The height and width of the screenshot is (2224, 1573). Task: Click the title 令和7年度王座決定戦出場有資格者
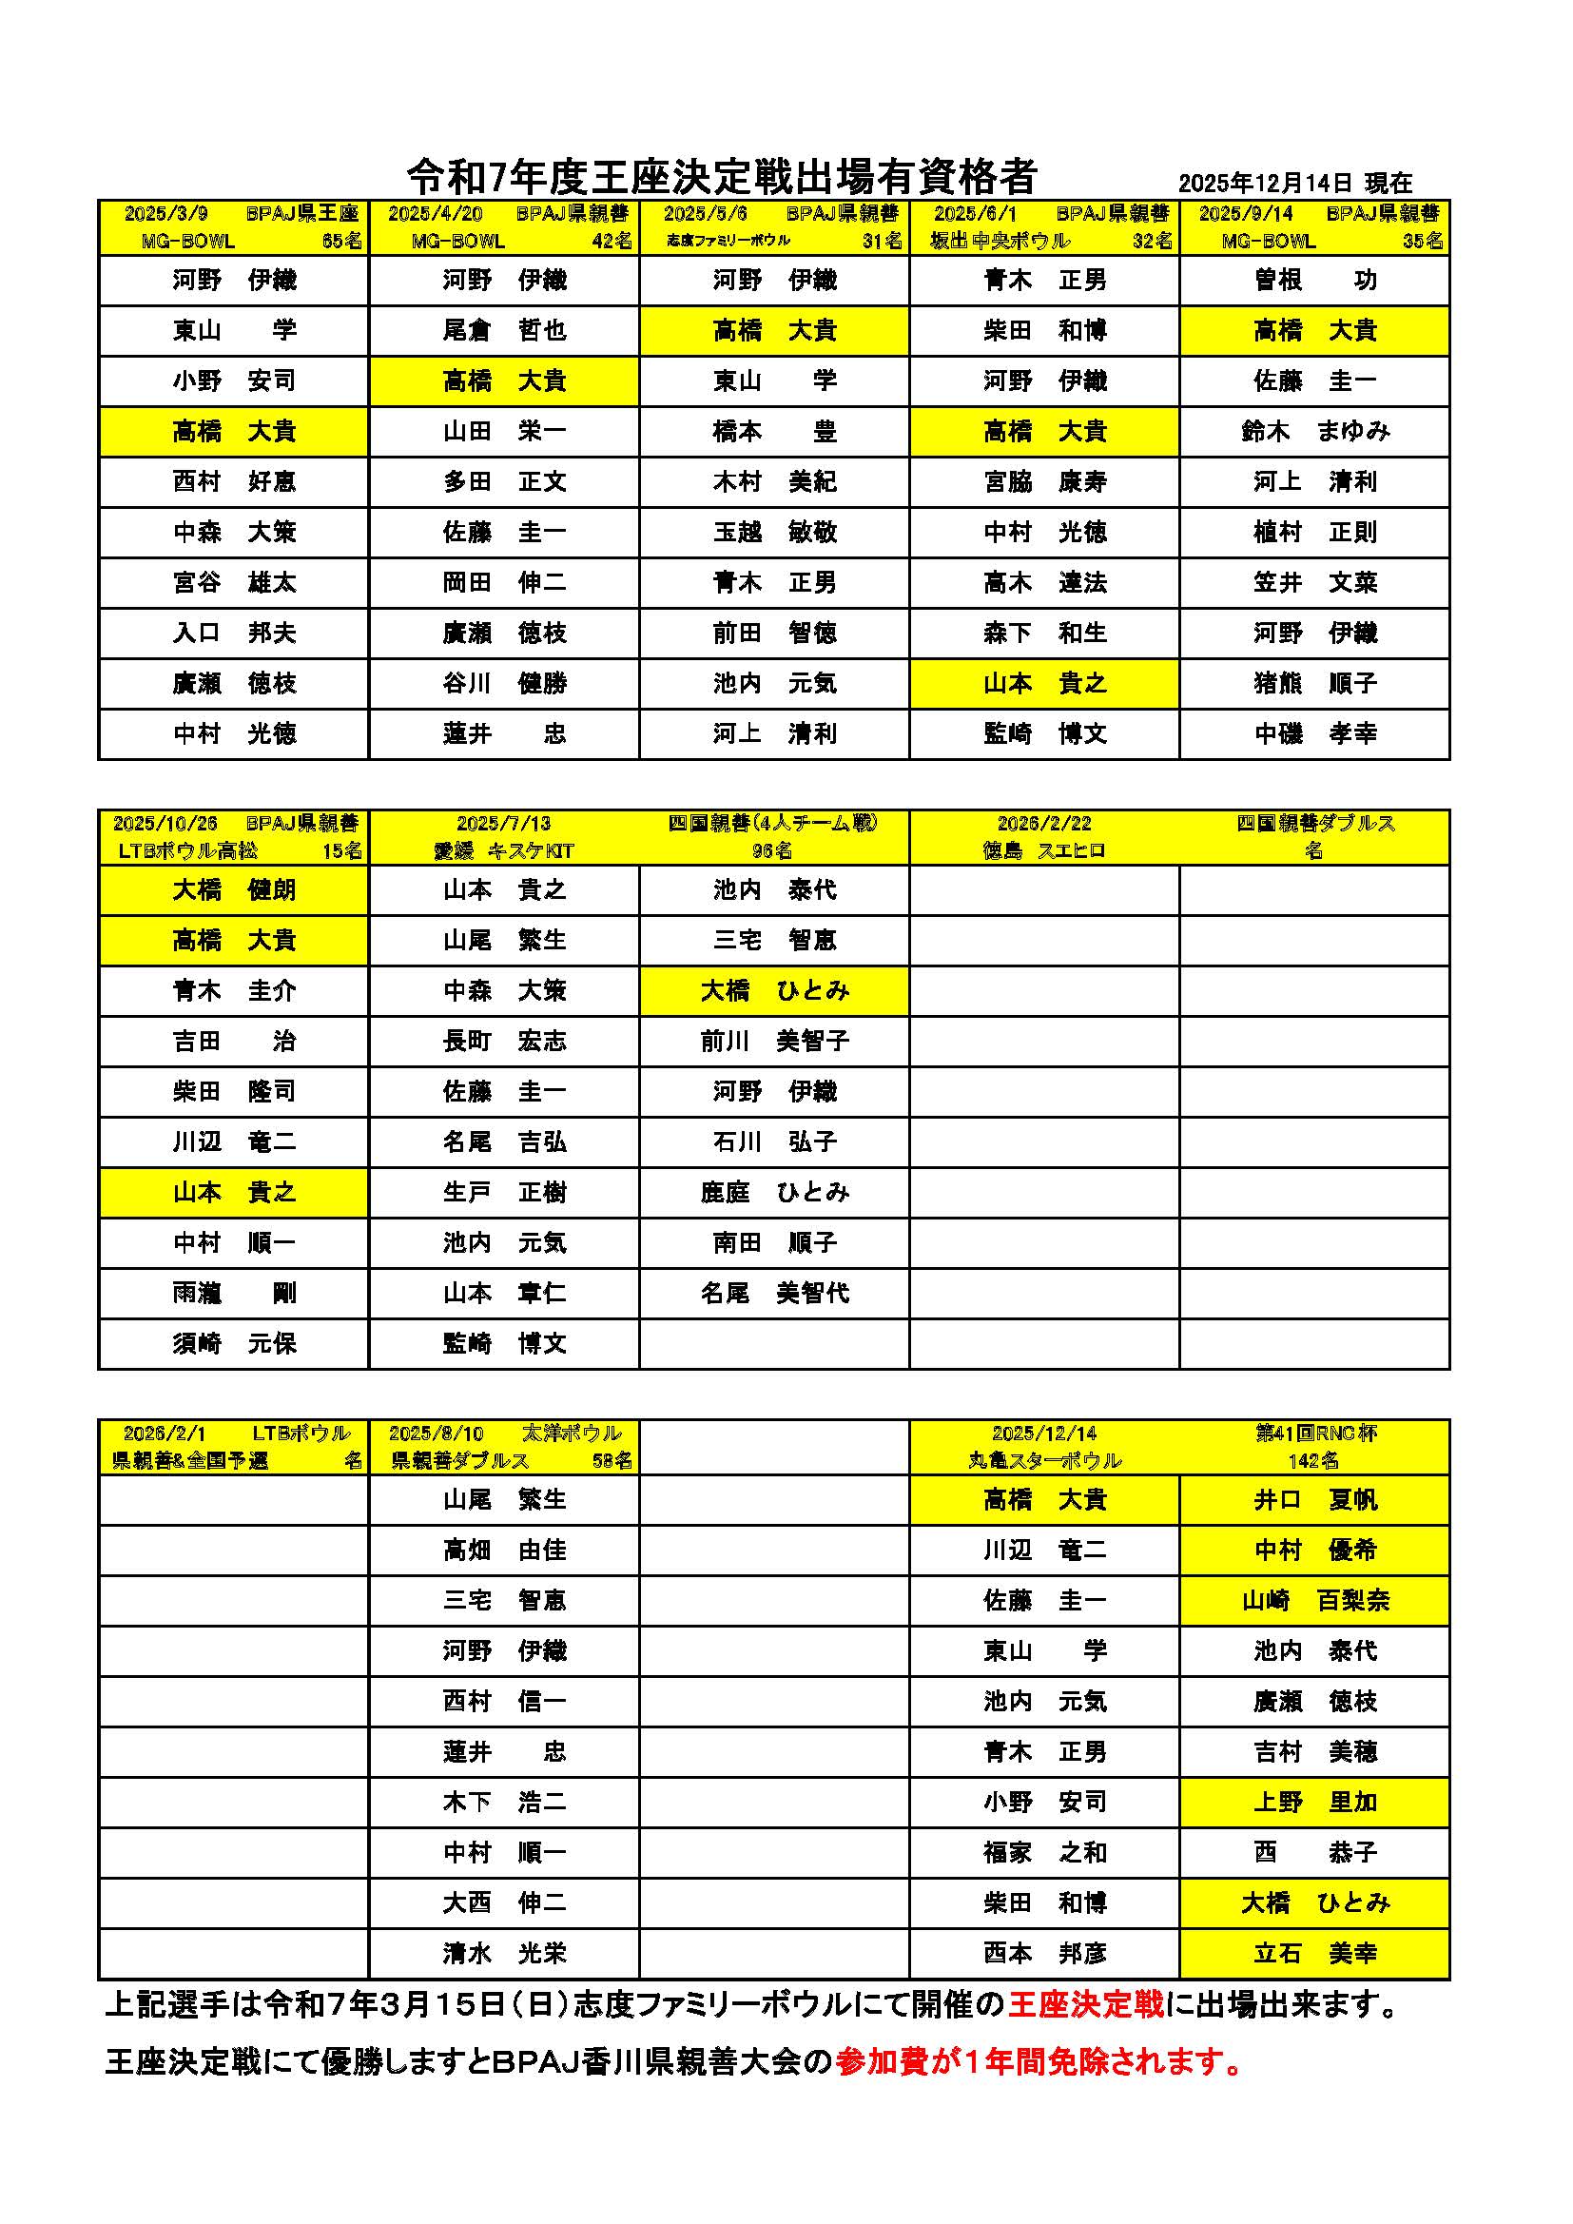click(x=722, y=177)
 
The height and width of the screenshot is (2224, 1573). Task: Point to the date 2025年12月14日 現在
click(x=1295, y=183)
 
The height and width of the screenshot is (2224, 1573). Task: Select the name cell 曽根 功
click(x=1314, y=280)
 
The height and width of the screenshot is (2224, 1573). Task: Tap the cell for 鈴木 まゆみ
click(x=1314, y=431)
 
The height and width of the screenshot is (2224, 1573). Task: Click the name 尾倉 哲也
click(x=504, y=330)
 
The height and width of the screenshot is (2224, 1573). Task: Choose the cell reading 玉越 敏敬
click(x=774, y=532)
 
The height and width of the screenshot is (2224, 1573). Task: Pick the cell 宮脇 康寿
click(x=1044, y=481)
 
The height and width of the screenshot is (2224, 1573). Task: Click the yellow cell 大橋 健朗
click(x=233, y=890)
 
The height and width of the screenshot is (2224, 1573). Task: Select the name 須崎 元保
click(x=233, y=1343)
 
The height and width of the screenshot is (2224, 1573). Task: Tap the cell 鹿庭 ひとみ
click(x=774, y=1193)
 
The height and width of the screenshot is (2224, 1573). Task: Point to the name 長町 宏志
click(x=504, y=1042)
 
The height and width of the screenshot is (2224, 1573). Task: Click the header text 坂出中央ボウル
click(x=1000, y=242)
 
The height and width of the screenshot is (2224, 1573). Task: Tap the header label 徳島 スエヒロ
click(x=1043, y=851)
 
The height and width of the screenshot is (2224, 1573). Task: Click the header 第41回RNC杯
click(x=1315, y=1433)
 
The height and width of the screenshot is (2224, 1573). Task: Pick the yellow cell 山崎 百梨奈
click(x=1314, y=1601)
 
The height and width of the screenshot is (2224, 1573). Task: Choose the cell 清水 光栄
click(x=504, y=1954)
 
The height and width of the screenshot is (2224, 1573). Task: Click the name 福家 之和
click(x=1044, y=1853)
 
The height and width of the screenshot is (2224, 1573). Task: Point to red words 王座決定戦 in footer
click(x=1085, y=2004)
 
